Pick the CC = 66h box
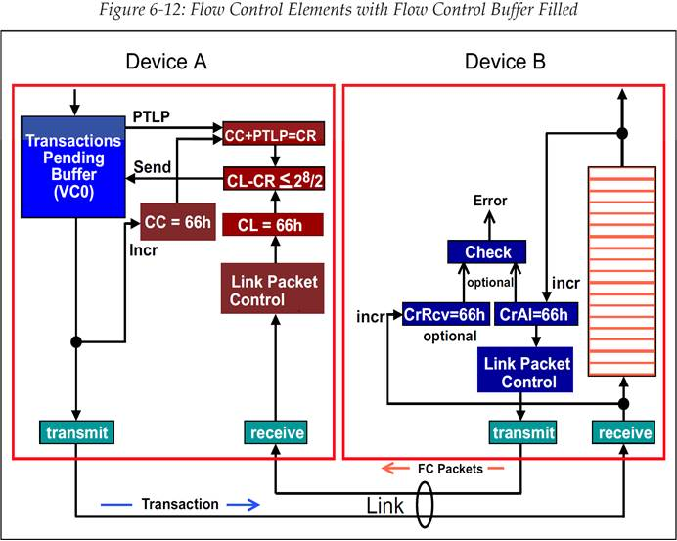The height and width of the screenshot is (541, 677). tap(176, 222)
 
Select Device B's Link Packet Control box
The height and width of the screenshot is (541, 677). tap(528, 372)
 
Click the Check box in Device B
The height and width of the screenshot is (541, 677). tap(488, 252)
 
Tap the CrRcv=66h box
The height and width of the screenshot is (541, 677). tap(445, 315)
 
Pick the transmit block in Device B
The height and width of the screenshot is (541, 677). tap(519, 432)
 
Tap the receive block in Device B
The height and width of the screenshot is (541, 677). tap(624, 432)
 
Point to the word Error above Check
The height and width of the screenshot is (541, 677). tap(489, 202)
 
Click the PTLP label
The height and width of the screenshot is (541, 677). tap(152, 117)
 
